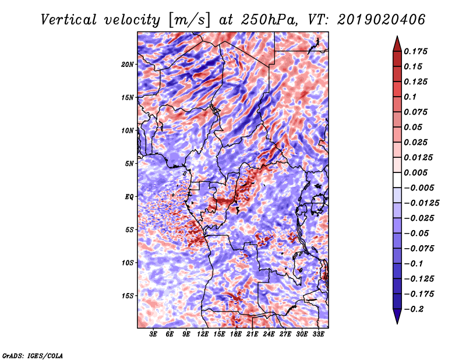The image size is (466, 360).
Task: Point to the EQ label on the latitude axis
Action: [129, 196]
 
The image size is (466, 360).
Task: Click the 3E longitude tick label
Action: [154, 334]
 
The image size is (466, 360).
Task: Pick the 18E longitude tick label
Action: [236, 334]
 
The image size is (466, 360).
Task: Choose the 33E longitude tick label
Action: [318, 334]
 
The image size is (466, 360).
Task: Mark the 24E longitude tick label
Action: [269, 334]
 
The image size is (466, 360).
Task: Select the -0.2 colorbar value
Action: [416, 309]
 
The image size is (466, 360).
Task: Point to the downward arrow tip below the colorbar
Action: [396, 322]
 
